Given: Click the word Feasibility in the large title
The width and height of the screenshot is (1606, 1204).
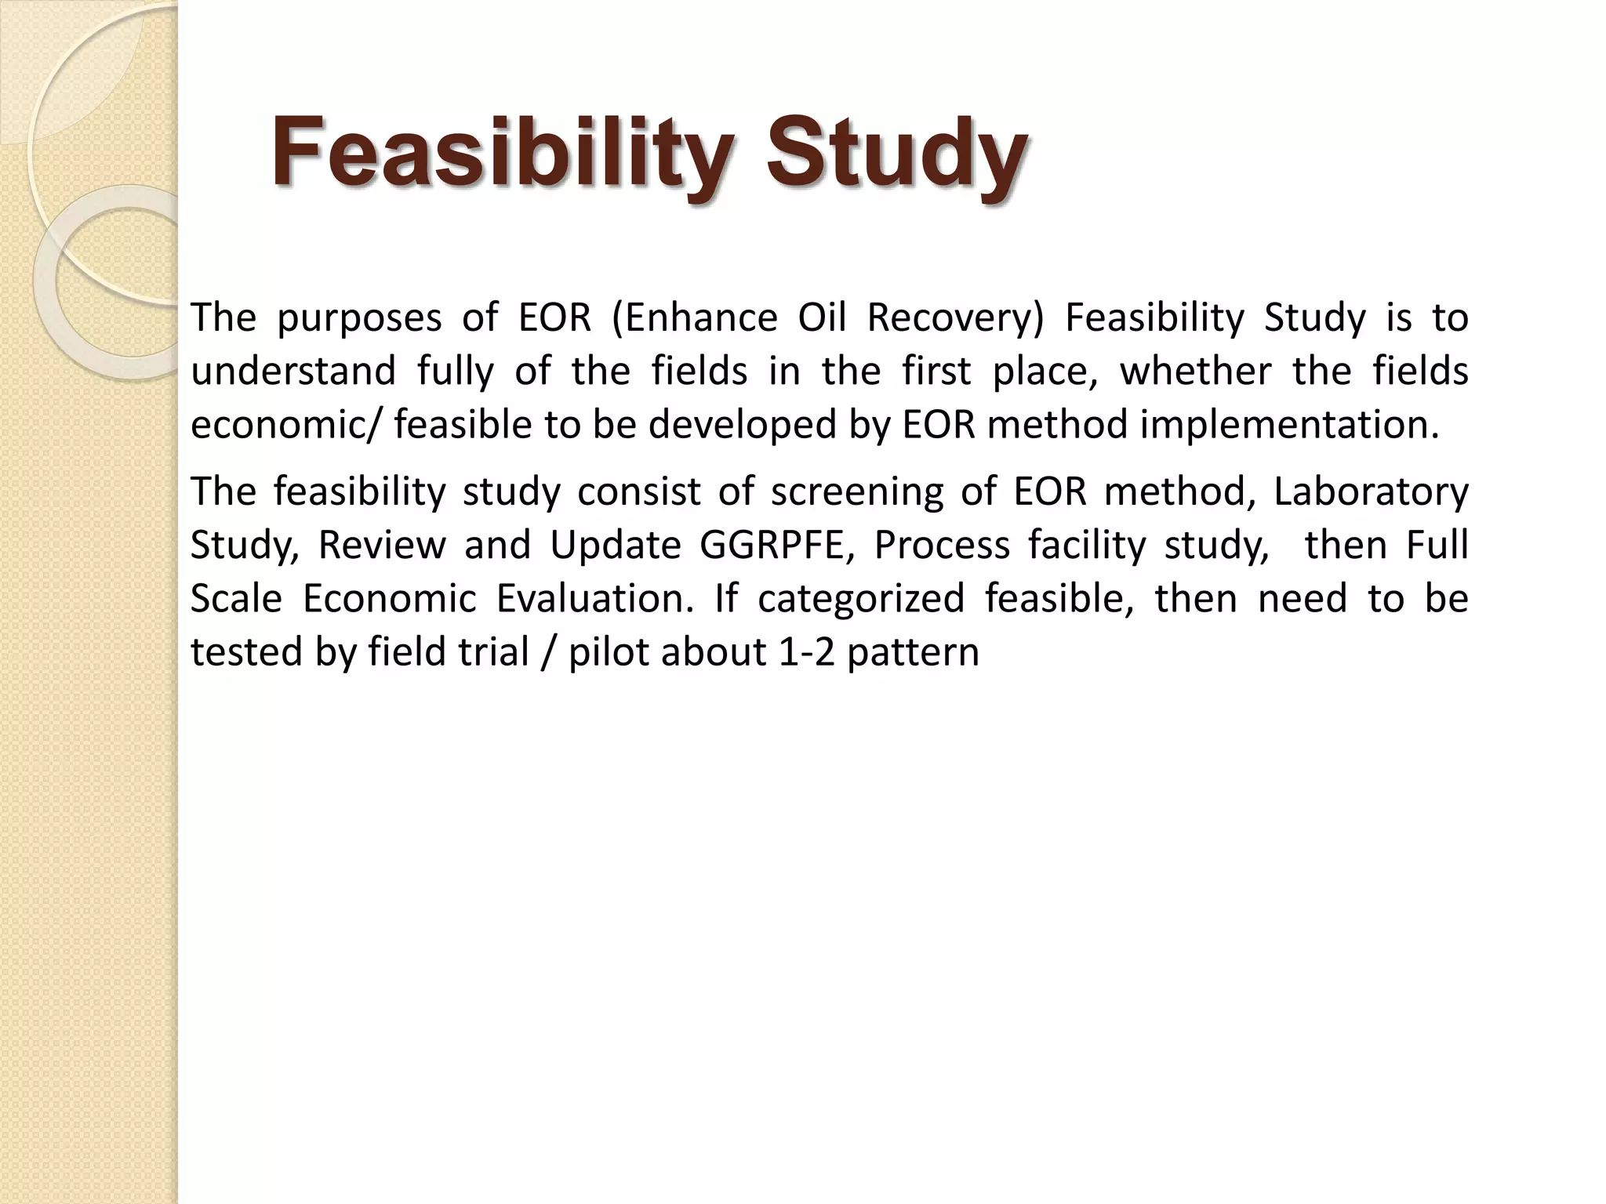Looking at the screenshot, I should point(503,152).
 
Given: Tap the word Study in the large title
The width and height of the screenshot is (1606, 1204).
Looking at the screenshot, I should point(897,152).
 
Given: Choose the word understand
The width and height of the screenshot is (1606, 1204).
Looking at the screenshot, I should point(293,371).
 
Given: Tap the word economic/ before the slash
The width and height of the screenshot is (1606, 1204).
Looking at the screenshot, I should point(288,425).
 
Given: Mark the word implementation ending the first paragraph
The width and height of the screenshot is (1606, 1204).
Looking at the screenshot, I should point(1289,425).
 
